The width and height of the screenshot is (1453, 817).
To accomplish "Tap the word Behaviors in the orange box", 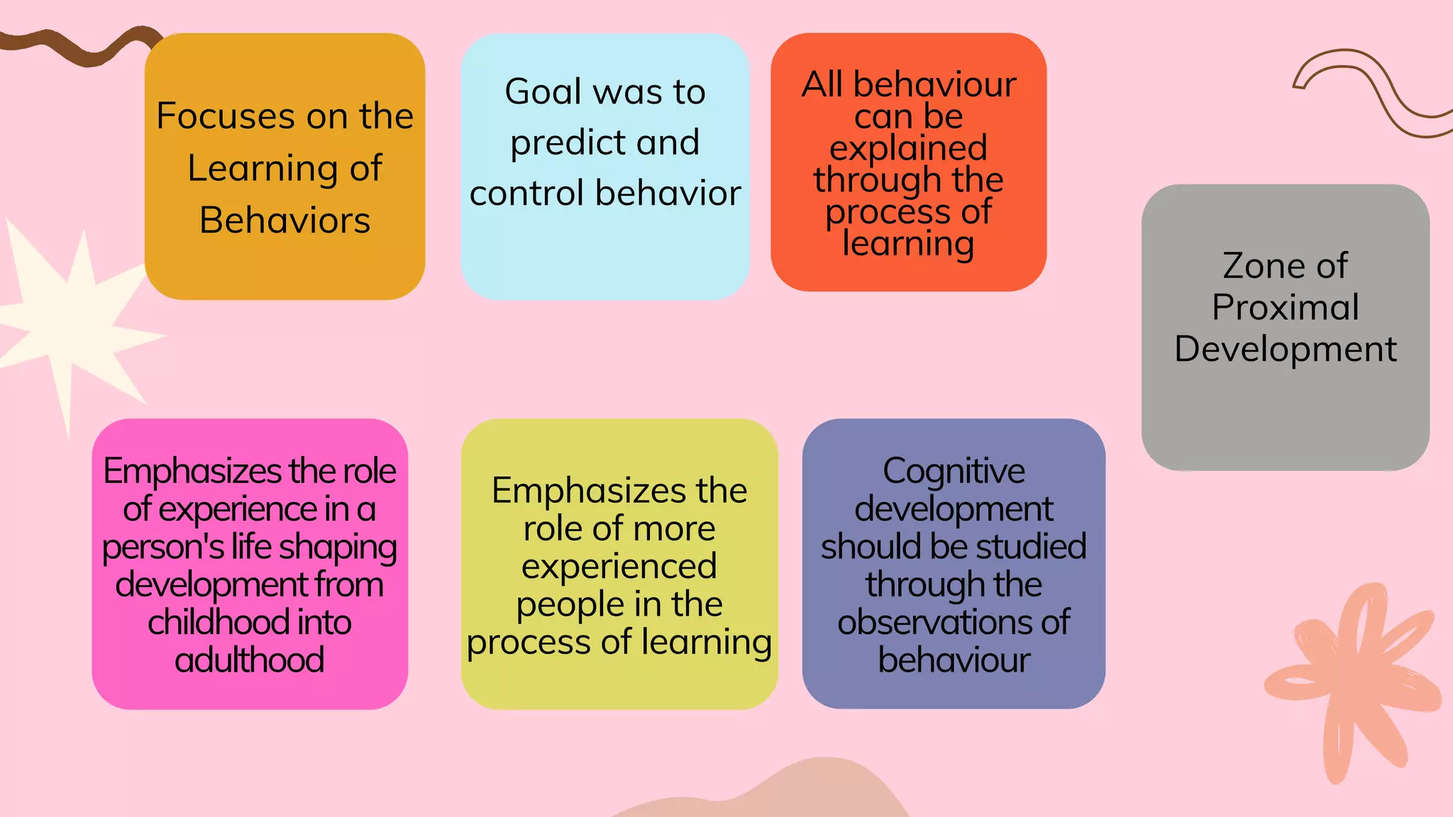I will point(284,221).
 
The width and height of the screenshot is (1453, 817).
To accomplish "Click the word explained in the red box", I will point(908,149).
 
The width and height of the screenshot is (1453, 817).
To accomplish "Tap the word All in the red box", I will point(822,85).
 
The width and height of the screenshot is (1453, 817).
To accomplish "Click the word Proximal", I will point(1285,308).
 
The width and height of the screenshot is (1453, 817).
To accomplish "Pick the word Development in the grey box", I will point(1285,350).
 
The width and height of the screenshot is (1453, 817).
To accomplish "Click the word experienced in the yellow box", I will point(619,567).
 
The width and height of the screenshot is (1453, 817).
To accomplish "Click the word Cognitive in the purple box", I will point(954,472).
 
